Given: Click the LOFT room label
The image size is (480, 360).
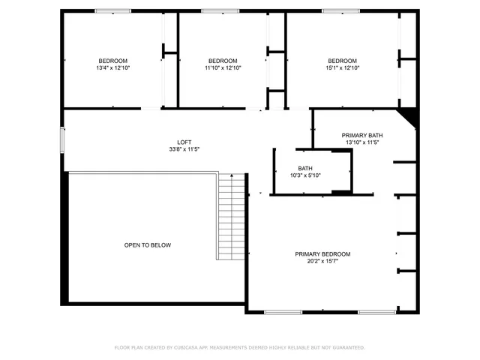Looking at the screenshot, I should click(x=184, y=142).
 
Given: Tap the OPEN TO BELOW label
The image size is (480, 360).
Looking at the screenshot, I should click(x=148, y=245).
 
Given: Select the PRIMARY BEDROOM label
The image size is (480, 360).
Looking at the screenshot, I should click(x=322, y=254).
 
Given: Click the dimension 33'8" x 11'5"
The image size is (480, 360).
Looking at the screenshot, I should click(x=184, y=149).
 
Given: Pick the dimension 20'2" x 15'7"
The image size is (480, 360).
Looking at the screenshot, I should click(x=322, y=261).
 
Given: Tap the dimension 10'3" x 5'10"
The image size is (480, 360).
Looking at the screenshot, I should click(x=305, y=175).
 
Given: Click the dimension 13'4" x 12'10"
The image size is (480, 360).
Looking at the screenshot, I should click(x=113, y=67).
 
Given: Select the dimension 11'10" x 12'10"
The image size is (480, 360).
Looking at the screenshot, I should click(x=223, y=67).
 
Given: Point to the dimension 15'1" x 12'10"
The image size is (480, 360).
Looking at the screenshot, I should click(x=342, y=67).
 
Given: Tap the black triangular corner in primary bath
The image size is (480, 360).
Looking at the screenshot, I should click(x=409, y=117).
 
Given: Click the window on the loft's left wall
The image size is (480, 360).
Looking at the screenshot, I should click(x=64, y=140).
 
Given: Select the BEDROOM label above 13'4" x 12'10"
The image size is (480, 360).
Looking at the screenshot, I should click(x=113, y=61).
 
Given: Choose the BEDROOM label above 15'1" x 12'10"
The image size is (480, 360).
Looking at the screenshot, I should click(x=342, y=61).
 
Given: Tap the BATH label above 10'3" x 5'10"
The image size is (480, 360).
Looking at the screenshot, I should click(x=305, y=169).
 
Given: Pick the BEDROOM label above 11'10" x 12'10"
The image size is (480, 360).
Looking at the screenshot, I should click(x=223, y=61).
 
